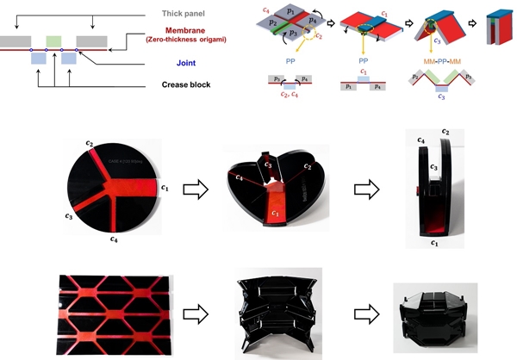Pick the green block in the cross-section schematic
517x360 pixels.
[53, 40]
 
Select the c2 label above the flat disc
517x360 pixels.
[90, 143]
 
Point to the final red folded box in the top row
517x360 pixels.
[500, 27]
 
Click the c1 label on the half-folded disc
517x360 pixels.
[275, 211]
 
